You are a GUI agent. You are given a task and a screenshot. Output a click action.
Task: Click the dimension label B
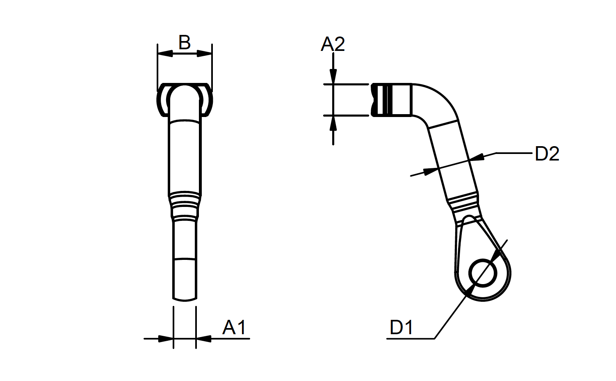pos(184,42)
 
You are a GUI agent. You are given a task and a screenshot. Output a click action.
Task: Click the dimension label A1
pos(234,328)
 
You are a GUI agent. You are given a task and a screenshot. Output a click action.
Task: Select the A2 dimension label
pos(333,44)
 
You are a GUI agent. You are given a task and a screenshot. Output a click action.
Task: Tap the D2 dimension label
pos(547,154)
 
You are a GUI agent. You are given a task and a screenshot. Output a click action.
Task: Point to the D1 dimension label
pos(401,327)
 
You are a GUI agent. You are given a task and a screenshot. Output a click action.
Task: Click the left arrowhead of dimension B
pos(165,53)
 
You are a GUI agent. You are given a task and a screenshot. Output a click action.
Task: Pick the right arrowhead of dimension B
pos(204,53)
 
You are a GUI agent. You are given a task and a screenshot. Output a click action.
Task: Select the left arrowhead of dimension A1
pos(166,339)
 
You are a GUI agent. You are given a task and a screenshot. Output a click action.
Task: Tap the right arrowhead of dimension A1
pos(204,339)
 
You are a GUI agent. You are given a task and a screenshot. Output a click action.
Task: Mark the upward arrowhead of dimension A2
pos(333,123)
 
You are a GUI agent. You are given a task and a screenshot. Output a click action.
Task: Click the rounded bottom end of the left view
pos(185,299)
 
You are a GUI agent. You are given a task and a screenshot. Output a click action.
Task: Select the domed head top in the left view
pos(185,92)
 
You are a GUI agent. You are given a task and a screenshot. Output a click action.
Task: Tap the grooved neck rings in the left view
pos(185,206)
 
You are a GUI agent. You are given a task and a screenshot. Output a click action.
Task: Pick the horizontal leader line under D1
pos(410,339)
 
